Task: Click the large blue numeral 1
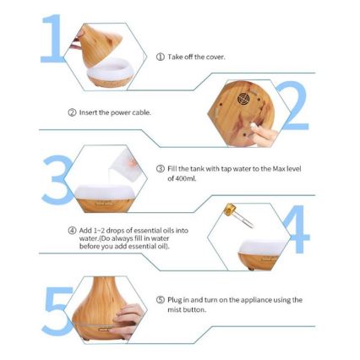[54, 38]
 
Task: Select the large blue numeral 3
[57, 179]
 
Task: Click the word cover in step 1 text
[215, 57]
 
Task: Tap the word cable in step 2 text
[143, 112]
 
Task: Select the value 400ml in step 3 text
[186, 178]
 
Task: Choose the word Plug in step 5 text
[174, 300]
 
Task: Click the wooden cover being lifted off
[102, 46]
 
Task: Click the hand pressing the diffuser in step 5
[128, 320]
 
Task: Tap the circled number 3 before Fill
[161, 169]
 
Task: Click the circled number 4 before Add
[72, 231]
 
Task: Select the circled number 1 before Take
[161, 57]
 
